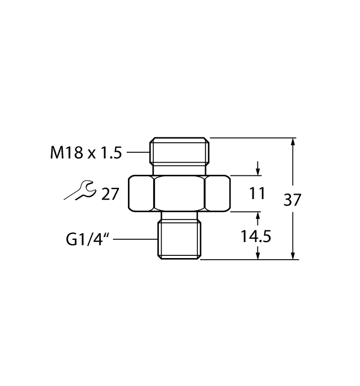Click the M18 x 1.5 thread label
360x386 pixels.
tap(85, 152)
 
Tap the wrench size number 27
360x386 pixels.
tap(110, 194)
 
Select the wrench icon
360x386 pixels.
tap(79, 191)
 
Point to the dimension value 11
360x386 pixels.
tap(257, 194)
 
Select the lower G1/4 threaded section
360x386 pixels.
tap(180, 239)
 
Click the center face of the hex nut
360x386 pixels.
tap(180, 193)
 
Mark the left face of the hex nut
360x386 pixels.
tap(142, 193)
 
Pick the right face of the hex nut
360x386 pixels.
tap(217, 193)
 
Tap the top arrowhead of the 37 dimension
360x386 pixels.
tap(293, 142)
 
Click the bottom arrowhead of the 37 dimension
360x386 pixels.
tap(293, 255)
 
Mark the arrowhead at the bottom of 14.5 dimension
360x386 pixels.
tap(257, 255)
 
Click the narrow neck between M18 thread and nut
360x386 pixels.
tap(180, 169)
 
